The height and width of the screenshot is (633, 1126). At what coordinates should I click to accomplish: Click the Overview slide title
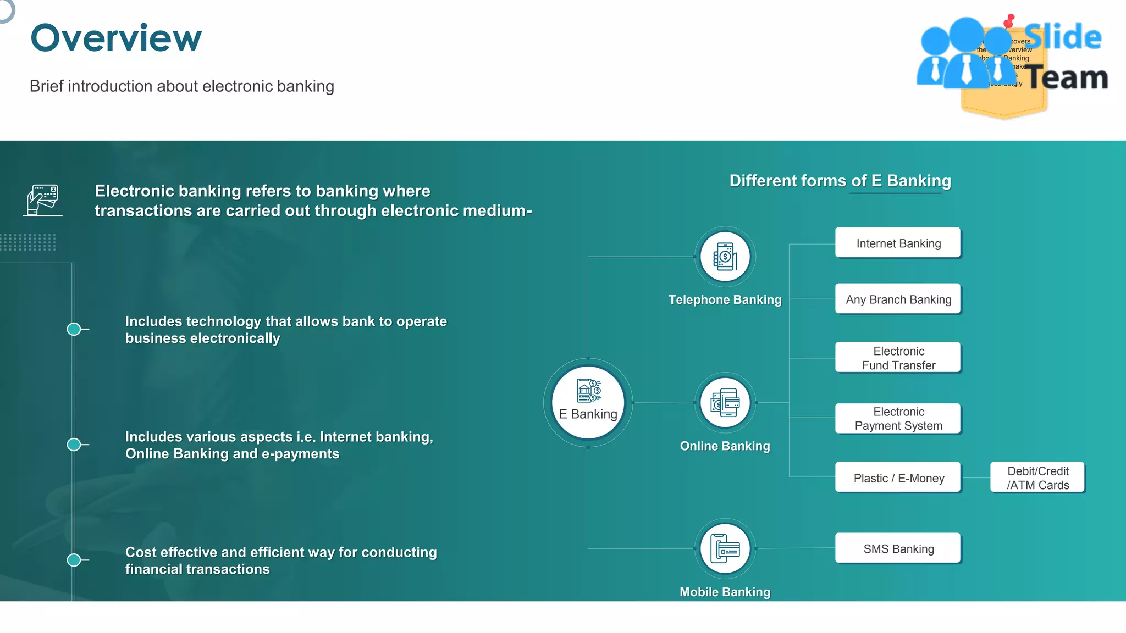(x=116, y=38)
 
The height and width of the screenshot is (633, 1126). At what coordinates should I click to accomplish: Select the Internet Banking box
(x=898, y=243)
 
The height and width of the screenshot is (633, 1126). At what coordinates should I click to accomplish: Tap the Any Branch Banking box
(x=898, y=299)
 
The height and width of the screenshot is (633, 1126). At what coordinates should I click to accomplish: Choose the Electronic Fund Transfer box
(x=898, y=358)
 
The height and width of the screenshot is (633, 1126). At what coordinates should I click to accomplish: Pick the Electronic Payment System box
(x=898, y=419)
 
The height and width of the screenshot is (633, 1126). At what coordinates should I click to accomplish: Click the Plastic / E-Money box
(x=898, y=477)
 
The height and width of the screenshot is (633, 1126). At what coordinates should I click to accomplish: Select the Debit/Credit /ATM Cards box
(x=1037, y=477)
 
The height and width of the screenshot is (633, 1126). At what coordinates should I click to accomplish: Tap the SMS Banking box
(x=898, y=548)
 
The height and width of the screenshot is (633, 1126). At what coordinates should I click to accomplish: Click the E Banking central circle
(x=588, y=403)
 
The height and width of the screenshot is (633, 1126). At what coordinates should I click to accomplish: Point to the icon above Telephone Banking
(x=725, y=257)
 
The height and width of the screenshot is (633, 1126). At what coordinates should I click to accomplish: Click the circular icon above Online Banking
(x=725, y=403)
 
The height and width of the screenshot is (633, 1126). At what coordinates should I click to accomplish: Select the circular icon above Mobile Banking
(x=725, y=548)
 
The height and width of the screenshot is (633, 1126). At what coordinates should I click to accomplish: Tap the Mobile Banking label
(x=725, y=592)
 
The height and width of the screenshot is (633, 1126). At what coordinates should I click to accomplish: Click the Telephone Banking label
(x=725, y=299)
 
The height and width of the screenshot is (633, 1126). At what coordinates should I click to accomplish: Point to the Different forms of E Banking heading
(x=840, y=181)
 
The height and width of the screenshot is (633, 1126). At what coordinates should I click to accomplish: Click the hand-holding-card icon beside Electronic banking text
(x=43, y=200)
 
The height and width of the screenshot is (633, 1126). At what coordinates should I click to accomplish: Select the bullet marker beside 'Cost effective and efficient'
(x=74, y=560)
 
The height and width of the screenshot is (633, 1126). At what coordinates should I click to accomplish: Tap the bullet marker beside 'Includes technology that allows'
(x=74, y=329)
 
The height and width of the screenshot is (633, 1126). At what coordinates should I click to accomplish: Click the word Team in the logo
(x=1067, y=77)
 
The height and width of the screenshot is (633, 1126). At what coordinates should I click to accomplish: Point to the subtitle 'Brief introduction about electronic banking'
(x=182, y=86)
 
